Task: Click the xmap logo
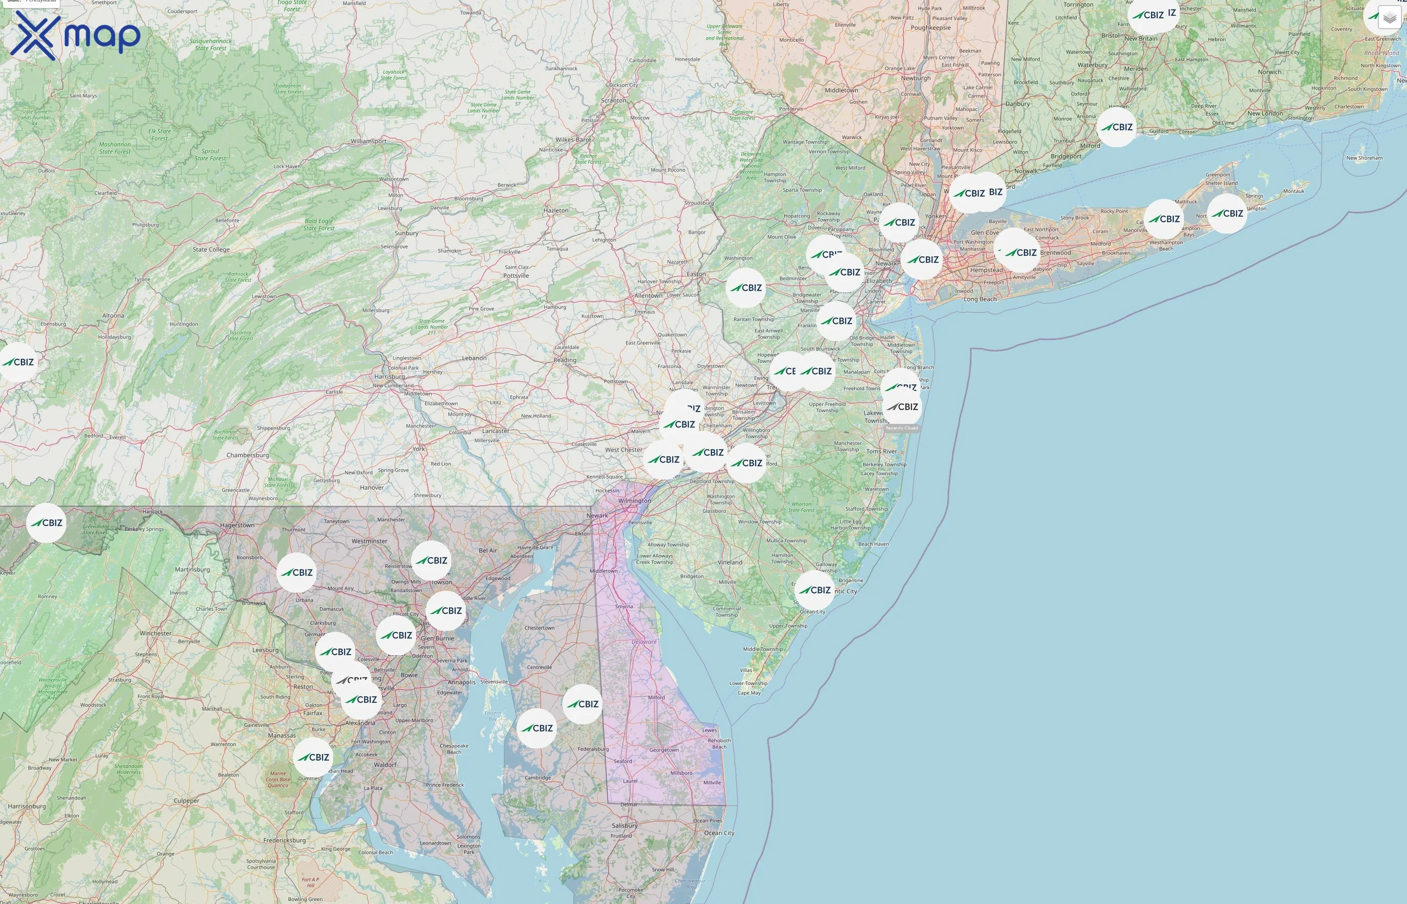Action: coord(75,36)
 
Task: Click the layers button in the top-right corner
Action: coord(1389,18)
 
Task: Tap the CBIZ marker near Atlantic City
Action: coord(815,590)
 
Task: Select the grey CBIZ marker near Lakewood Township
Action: coord(902,407)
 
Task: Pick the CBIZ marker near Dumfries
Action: coord(313,757)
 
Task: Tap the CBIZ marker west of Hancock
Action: coord(46,523)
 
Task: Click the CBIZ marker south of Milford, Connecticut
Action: coord(1117,127)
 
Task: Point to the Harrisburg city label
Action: coord(389,377)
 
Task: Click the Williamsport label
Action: coord(368,141)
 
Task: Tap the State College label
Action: coord(211,250)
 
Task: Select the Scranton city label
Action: coord(614,100)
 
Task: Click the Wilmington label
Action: coord(634,501)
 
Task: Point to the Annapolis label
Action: coord(462,682)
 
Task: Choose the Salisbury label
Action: coord(624,825)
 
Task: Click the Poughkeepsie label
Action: coord(930,28)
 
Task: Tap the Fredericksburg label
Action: coord(284,840)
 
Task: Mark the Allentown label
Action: coord(648,295)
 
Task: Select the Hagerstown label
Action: coord(237,525)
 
